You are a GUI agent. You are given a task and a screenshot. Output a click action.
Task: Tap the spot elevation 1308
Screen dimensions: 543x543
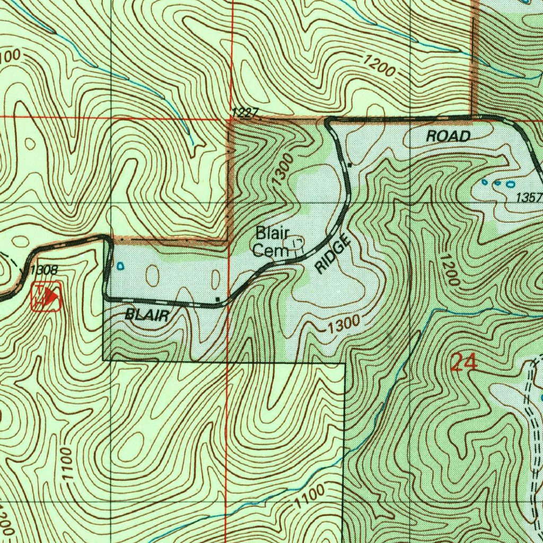44,270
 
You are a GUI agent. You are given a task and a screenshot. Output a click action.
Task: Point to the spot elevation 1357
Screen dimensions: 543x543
529,198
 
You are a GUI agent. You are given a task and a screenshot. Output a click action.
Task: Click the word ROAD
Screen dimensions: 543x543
448,136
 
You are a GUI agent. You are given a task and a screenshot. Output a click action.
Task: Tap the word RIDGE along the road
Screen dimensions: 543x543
334,255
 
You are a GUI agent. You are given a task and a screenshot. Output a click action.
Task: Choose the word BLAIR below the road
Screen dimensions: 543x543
147,316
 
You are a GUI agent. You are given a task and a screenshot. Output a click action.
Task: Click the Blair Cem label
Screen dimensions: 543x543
271,241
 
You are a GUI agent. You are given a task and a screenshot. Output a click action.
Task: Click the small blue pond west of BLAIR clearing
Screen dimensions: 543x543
120,265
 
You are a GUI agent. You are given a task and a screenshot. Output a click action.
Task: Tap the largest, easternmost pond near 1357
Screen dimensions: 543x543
510,185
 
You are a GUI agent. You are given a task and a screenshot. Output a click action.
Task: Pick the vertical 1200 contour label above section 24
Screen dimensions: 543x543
449,268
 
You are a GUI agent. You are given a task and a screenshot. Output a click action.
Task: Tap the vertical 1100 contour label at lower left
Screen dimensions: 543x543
66,465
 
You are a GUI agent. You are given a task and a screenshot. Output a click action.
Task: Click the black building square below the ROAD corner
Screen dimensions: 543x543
350,165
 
